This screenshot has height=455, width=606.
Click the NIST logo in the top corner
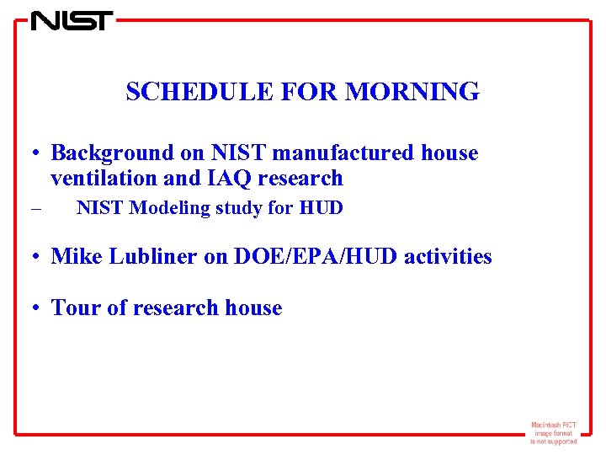click(x=72, y=20)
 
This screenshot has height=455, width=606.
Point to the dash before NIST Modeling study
click(x=35, y=209)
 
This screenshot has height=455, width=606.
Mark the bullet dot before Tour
click(x=39, y=309)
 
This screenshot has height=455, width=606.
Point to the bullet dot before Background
click(x=39, y=154)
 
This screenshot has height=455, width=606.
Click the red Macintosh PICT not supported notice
click(x=553, y=432)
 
